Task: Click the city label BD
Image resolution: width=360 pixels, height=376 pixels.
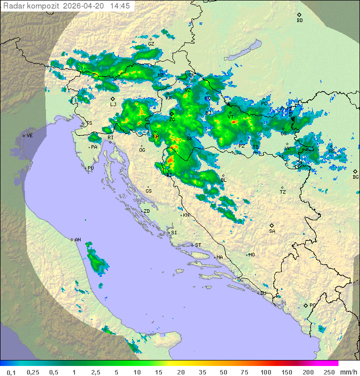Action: pyautogui.click(x=299, y=21)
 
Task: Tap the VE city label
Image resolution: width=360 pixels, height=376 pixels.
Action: pyautogui.click(x=29, y=136)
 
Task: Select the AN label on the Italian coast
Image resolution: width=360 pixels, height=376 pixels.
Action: pyautogui.click(x=77, y=240)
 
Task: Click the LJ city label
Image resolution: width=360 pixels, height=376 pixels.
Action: pyautogui.click(x=113, y=105)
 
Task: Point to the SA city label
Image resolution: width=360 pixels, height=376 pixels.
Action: pyautogui.click(x=272, y=231)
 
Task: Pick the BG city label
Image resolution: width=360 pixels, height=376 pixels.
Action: pyautogui.click(x=355, y=177)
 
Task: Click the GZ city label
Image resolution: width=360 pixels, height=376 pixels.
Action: pyautogui.click(x=151, y=44)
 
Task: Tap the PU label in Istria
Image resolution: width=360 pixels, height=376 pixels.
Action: pyautogui.click(x=90, y=168)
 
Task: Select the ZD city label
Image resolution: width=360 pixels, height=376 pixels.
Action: pyautogui.click(x=146, y=211)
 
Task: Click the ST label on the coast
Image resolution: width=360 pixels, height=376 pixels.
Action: pyautogui.click(x=198, y=245)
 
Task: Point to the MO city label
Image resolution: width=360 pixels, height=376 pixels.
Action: pyautogui.click(x=251, y=255)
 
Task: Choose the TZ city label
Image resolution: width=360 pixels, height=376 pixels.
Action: pyautogui.click(x=282, y=192)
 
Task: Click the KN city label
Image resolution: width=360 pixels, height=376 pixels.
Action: pyautogui.click(x=186, y=215)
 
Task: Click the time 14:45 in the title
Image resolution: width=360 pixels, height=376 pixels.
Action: pyautogui.click(x=120, y=6)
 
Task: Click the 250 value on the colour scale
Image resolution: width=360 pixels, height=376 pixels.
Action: pyautogui.click(x=328, y=372)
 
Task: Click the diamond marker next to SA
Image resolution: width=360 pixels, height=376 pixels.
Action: pyautogui.click(x=272, y=225)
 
